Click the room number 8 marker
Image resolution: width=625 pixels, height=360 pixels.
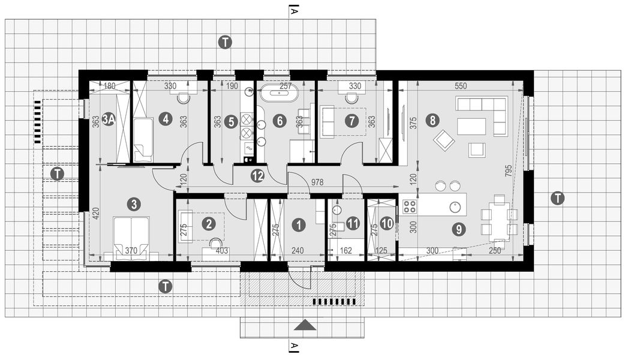431,119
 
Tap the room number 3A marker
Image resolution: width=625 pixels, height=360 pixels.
109,119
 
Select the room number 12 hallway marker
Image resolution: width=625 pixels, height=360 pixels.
257,176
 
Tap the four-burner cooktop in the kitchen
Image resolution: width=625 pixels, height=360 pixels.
410,207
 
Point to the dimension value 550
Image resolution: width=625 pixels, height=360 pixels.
460,86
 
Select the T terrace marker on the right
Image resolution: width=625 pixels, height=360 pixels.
557,198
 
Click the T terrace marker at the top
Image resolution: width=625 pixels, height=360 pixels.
225,42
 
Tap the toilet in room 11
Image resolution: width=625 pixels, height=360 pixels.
337,226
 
